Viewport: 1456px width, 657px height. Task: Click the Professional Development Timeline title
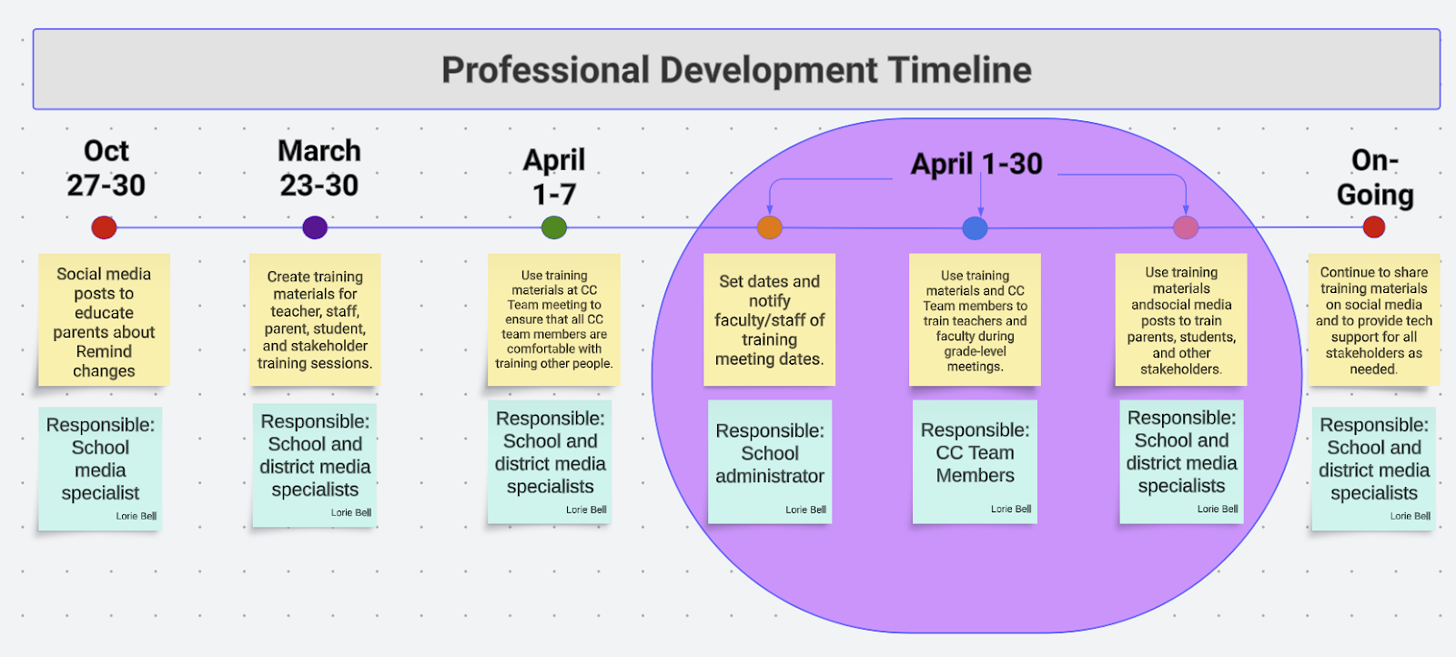coord(736,69)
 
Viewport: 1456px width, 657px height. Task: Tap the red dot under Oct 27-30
coord(104,227)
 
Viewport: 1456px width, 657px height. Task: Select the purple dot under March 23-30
coord(315,227)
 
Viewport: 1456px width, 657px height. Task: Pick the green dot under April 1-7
coord(554,227)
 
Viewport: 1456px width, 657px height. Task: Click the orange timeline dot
coord(770,227)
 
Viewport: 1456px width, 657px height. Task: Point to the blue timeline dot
coord(975,228)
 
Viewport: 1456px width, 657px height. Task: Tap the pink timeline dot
coord(1186,227)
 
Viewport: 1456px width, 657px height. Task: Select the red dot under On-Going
coord(1374,227)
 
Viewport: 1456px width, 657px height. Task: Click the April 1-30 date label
coord(976,164)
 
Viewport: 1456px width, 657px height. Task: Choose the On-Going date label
coord(1375,177)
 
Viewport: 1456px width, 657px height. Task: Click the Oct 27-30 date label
coord(106,167)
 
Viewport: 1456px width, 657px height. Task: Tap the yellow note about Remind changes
coord(104,319)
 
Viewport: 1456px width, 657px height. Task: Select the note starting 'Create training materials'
coord(315,319)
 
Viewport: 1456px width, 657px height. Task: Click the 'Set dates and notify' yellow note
coord(770,319)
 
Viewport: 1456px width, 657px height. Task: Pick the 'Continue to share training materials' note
coord(1374,319)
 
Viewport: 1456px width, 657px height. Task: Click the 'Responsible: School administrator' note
coord(770,462)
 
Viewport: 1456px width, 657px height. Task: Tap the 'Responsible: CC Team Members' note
coord(975,462)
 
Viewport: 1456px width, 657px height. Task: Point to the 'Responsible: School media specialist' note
coord(100,469)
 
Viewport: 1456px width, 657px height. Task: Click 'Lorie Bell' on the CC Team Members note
coord(1011,509)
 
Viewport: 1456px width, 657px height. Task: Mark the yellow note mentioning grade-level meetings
coord(975,319)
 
